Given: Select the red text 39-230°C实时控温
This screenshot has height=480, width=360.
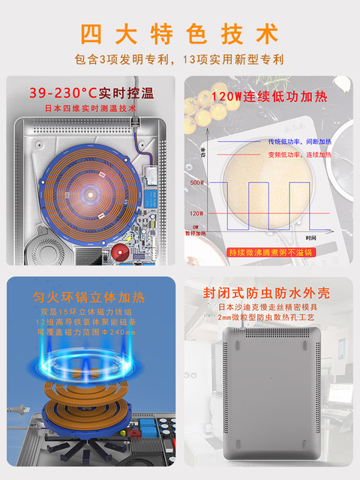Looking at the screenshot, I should tap(91, 94).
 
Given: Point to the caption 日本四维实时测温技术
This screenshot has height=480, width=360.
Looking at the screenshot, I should tap(91, 109).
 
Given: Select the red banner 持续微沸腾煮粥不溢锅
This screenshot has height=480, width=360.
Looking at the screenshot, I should tap(268, 252).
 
